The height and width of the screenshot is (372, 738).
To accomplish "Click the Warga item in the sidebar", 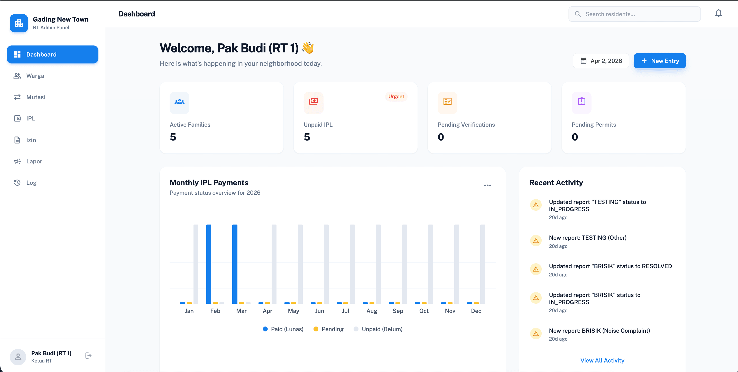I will (x=35, y=76).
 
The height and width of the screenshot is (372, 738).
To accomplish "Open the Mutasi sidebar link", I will (x=35, y=97).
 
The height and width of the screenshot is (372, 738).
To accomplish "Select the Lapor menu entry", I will (x=34, y=161).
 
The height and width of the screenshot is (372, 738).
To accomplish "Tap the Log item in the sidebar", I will (x=31, y=183).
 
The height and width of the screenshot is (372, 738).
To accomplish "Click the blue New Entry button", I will (x=660, y=61).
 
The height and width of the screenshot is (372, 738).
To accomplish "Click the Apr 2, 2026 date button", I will (x=601, y=61).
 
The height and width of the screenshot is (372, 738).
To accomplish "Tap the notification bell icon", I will (x=718, y=13).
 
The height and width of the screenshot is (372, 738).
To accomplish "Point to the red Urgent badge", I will (x=396, y=97).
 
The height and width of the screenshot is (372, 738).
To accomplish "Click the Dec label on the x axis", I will (x=476, y=311).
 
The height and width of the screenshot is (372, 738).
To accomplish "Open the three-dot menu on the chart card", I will (x=487, y=185).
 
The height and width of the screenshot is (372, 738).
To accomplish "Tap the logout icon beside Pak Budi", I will (x=88, y=356).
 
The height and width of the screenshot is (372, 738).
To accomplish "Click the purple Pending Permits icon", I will (x=581, y=101).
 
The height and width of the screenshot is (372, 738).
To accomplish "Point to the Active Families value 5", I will (x=173, y=137).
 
